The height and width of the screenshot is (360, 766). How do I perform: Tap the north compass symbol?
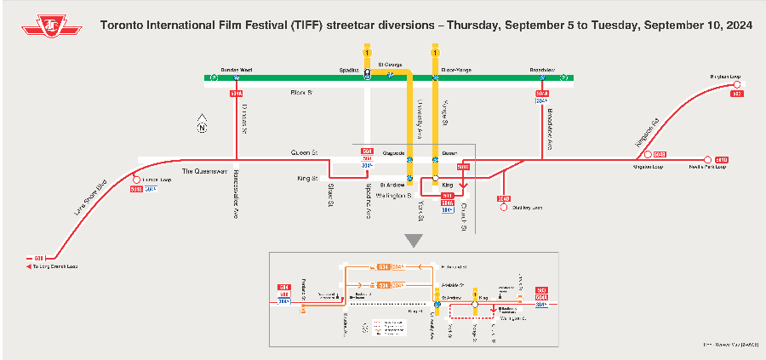click(203, 126)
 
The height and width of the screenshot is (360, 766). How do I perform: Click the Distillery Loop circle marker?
click(504, 207)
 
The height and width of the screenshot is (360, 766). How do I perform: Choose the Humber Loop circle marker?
click(135, 180)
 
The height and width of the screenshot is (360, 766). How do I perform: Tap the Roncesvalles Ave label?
click(235, 195)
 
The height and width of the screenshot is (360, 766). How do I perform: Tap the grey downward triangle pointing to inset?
click(414, 241)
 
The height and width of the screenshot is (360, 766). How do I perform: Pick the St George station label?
click(390, 65)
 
